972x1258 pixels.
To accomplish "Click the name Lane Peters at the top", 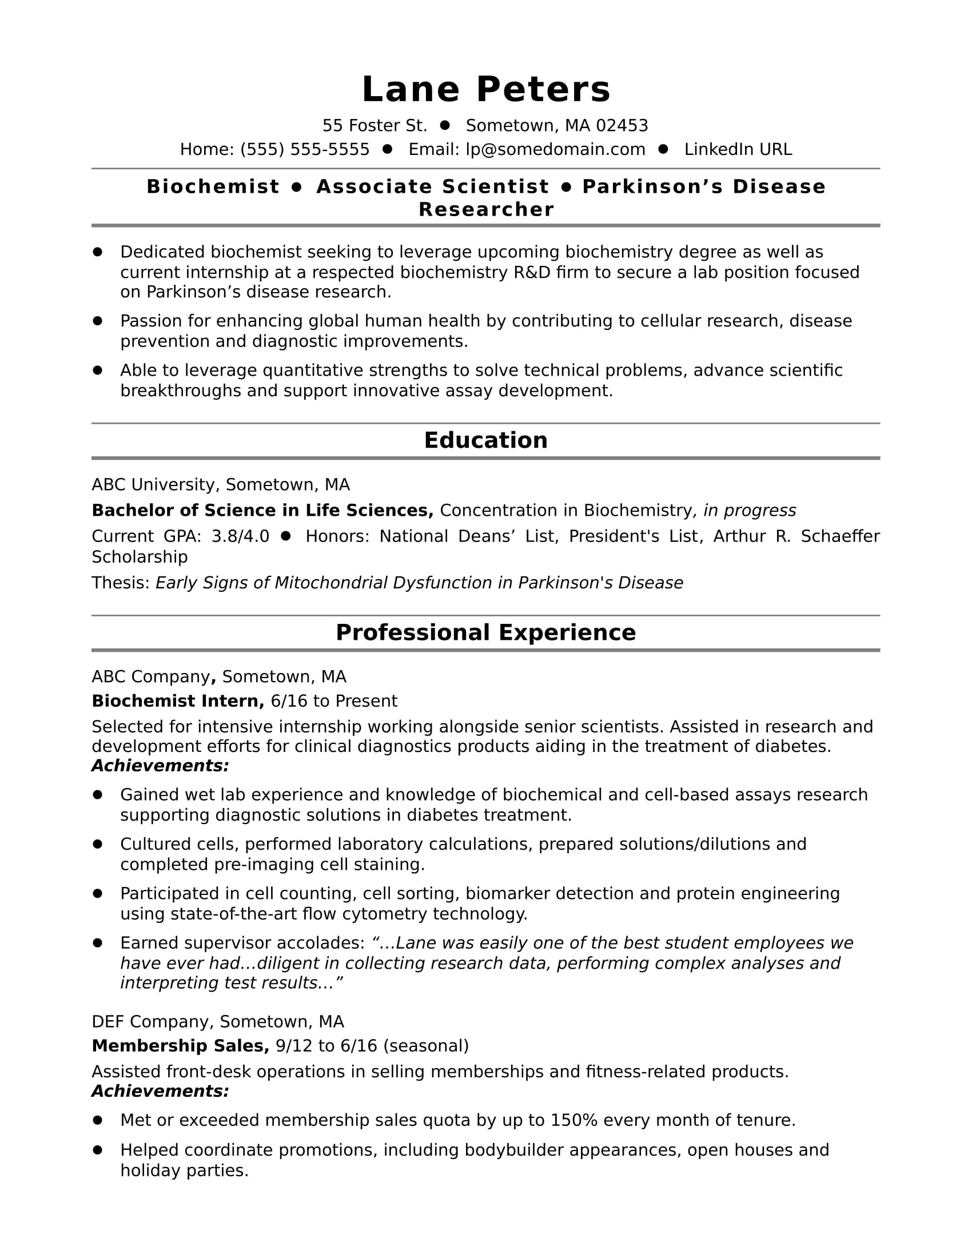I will coord(485,90).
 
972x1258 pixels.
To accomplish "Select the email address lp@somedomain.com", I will coord(555,149).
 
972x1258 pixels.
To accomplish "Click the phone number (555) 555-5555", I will coord(305,149).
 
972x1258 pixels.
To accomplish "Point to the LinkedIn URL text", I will coord(738,149).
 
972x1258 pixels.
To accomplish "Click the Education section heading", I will coord(485,440).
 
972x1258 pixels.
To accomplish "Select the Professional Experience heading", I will coord(485,632).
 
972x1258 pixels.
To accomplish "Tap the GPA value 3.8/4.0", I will coord(240,536).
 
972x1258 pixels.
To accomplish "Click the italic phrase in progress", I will coord(750,510).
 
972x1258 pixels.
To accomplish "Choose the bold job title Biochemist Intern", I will coord(177,701).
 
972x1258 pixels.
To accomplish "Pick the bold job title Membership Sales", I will coord(180,1045).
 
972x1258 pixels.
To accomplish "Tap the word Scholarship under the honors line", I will coord(140,556).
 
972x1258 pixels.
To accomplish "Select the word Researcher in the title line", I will coord(486,209).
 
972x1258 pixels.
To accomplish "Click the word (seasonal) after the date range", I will coord(425,1045).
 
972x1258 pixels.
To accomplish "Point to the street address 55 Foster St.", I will coord(375,126).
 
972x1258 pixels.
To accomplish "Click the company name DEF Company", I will coord(151,1021).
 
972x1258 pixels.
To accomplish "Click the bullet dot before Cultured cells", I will coord(97,844).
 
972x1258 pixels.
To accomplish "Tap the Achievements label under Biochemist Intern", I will coord(160,766).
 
